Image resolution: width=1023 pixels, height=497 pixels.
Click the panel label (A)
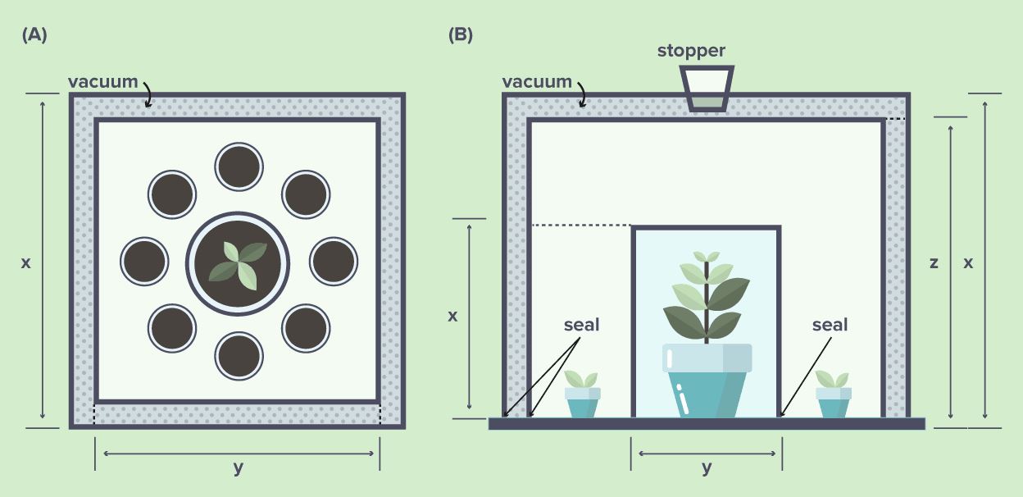point(35,34)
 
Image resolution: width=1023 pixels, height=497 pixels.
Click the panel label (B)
point(460,34)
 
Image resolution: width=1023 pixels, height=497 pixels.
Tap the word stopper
point(691,51)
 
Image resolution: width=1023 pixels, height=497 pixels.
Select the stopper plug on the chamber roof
point(706,89)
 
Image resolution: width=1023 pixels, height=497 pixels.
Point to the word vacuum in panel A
point(102,81)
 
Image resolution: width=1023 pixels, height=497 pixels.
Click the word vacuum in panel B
point(537,81)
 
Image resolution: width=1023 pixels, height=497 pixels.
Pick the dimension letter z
point(934,263)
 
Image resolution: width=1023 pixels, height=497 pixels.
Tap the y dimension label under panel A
point(238,468)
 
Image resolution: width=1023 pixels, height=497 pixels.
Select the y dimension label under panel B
point(707,468)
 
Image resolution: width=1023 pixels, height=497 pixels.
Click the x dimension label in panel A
point(26,263)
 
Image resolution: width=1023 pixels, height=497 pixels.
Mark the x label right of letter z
point(968,263)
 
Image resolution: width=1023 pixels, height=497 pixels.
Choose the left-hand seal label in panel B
point(581,325)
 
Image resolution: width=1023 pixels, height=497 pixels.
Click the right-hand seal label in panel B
point(830,325)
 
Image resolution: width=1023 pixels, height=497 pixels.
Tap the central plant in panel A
point(238,263)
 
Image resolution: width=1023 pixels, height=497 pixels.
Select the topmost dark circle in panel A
point(239,166)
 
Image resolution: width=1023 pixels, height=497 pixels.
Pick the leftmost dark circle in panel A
point(144,261)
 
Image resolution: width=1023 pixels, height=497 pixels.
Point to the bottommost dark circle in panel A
point(239,356)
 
